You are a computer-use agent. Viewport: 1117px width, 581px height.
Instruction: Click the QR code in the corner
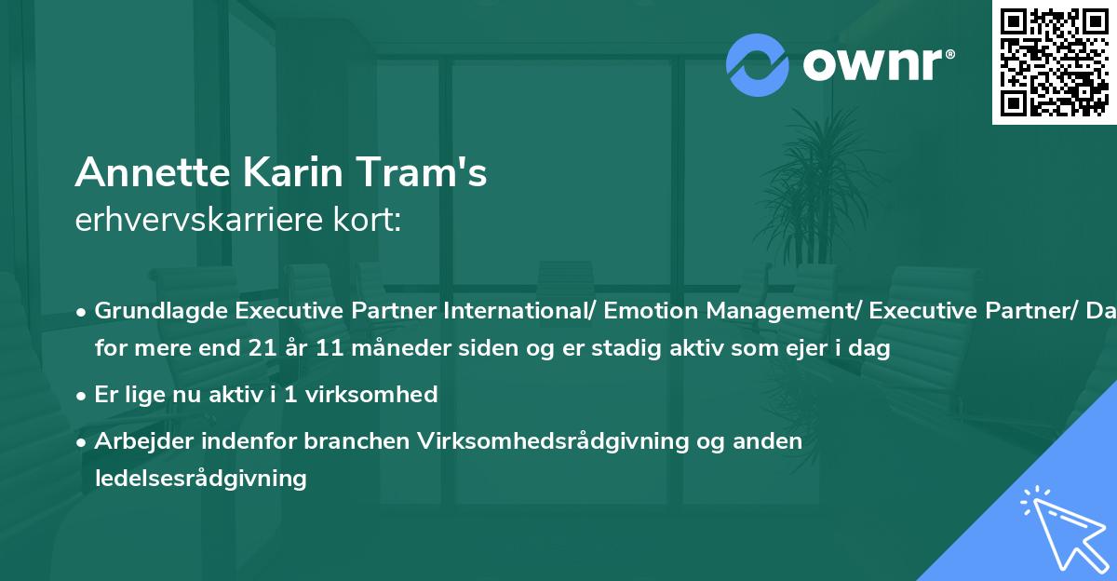[1054, 62]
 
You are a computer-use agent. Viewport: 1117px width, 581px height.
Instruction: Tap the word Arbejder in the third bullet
[139, 440]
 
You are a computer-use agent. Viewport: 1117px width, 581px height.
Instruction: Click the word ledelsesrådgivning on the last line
[200, 479]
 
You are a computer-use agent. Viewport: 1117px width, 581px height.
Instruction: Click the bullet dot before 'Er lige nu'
[83, 395]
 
